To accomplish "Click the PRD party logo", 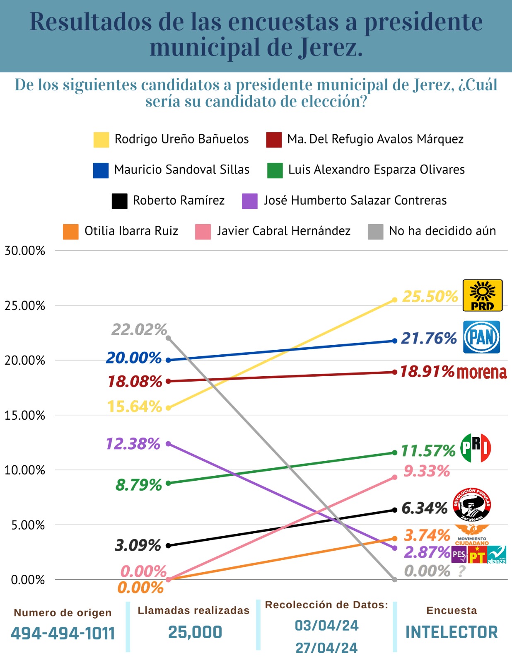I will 482,295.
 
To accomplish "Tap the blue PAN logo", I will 481,337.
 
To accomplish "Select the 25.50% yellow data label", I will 430,297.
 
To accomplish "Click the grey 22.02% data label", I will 139,329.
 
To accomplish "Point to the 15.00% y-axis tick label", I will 25,415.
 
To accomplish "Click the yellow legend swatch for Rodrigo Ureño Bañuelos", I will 101,140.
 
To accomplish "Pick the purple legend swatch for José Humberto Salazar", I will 250,201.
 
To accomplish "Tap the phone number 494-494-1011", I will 63,633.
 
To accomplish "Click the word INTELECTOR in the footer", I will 452,632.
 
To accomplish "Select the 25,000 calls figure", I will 195,632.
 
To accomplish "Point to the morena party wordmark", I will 482,373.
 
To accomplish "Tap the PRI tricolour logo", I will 476,448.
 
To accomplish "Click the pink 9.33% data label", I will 427,471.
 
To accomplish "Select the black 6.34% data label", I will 425,508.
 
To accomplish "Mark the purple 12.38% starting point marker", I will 168,444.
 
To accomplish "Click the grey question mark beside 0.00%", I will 462,571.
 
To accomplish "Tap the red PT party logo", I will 477,555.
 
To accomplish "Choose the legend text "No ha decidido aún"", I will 442,231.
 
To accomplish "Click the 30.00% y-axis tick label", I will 25,251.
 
